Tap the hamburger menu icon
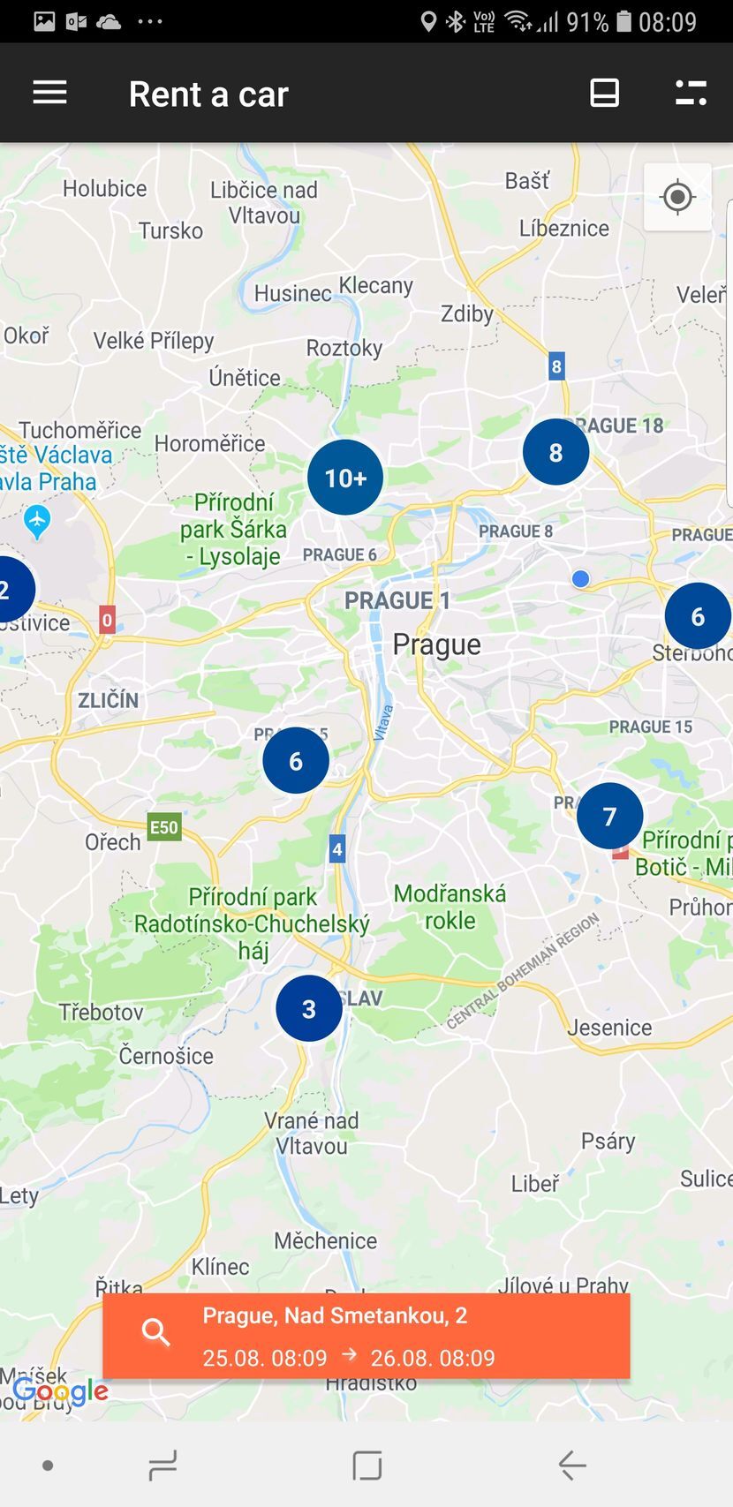49,93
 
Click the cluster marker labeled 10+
345,478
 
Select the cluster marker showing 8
555,452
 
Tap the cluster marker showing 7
609,816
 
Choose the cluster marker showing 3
308,1008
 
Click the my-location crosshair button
677,197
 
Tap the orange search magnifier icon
156,1332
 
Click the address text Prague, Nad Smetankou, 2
335,1315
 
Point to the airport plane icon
36,522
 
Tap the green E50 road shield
163,827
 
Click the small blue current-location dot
580,579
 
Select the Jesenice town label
609,1028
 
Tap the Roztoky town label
344,348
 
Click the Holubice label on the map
104,188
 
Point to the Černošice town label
166,1056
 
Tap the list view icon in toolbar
604,93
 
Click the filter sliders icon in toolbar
691,93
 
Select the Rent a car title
208,94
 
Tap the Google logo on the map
60,1392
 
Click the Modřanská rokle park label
450,907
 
